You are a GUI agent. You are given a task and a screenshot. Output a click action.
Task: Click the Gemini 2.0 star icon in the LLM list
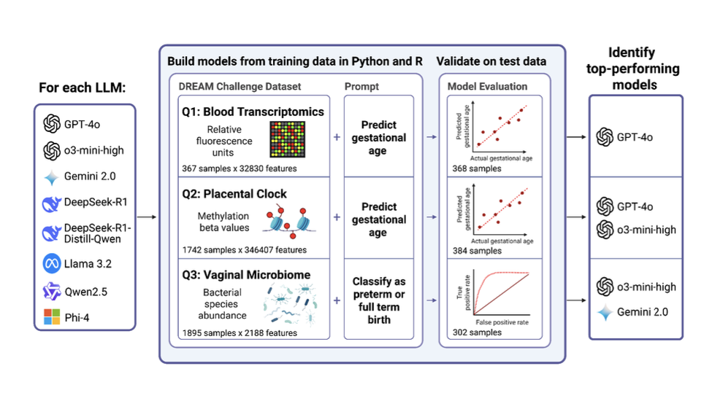click(x=50, y=176)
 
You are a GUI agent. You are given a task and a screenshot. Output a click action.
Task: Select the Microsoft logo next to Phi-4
click(x=51, y=317)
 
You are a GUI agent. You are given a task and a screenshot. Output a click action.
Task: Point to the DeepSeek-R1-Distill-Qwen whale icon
click(x=51, y=233)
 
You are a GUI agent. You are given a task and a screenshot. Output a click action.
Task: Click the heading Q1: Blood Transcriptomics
click(x=252, y=112)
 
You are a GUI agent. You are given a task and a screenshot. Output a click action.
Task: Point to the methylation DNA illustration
click(x=288, y=221)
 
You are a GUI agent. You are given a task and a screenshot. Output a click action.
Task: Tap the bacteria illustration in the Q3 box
click(x=291, y=305)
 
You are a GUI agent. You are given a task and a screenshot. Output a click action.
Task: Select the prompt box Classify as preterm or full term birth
click(x=378, y=300)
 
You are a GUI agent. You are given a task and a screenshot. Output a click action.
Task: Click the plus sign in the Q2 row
click(x=336, y=217)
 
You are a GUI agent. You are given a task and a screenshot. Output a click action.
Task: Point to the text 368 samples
click(x=475, y=168)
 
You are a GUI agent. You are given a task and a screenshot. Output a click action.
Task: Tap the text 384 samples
click(x=475, y=250)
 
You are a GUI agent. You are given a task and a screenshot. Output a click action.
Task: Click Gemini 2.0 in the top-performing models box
click(x=642, y=312)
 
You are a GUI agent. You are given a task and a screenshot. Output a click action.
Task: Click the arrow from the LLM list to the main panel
click(x=147, y=217)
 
